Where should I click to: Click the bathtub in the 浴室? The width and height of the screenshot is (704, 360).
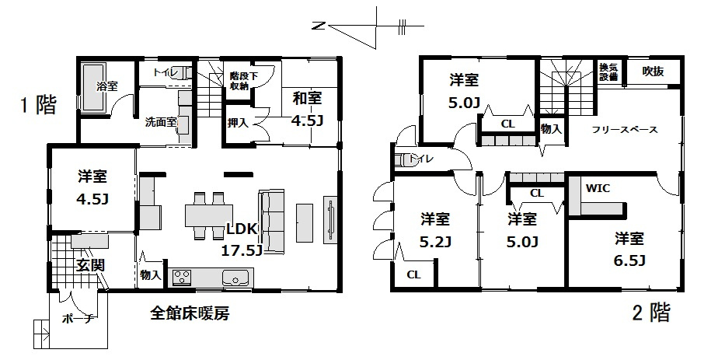click(x=93, y=87)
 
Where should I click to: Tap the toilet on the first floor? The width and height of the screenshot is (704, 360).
click(x=183, y=72)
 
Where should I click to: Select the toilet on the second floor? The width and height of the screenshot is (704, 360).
click(x=406, y=160)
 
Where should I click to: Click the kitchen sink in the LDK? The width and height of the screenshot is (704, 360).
click(x=235, y=278)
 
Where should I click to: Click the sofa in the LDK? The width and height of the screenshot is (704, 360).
click(x=271, y=220)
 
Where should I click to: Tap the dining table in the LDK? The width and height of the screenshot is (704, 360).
click(x=209, y=215)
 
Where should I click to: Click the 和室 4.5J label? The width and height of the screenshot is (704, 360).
click(x=308, y=109)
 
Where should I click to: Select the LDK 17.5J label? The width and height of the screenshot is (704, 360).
click(x=242, y=239)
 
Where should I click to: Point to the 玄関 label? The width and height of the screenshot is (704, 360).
click(x=90, y=265)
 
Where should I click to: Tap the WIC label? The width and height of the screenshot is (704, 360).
click(x=598, y=188)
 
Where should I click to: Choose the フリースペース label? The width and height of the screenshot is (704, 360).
click(x=625, y=130)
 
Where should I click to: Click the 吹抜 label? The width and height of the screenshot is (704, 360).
click(x=653, y=71)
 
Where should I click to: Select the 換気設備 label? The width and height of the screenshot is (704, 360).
click(x=608, y=72)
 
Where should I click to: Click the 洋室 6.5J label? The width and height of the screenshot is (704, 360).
click(x=629, y=249)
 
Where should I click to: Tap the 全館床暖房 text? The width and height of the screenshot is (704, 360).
click(x=190, y=313)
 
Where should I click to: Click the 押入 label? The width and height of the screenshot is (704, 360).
click(x=238, y=122)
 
